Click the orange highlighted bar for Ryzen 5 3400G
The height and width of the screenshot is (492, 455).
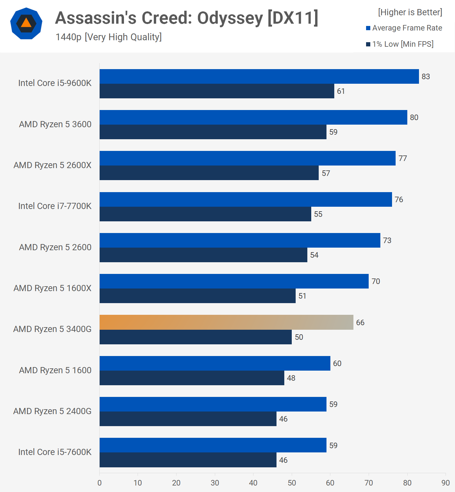pos(226,322)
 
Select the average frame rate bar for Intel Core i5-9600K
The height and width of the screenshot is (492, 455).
pos(259,77)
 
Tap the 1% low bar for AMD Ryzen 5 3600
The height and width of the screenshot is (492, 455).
pos(213,132)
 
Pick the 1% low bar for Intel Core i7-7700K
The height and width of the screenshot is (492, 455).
pos(205,214)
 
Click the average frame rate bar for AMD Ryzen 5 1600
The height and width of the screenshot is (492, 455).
pos(215,363)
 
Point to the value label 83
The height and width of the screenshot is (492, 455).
pos(425,77)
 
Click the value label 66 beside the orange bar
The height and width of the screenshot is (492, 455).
pos(360,323)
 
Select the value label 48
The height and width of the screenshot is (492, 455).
pos(291,378)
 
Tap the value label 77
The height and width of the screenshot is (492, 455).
pos(402,158)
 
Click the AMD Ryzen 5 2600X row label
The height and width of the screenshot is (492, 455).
pos(53,165)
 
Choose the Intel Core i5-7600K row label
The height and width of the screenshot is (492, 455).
pos(55,452)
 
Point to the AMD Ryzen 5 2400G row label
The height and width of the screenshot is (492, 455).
pos(52,411)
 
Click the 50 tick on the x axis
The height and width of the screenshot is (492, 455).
pos(292,483)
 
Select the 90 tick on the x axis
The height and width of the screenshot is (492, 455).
pos(446,483)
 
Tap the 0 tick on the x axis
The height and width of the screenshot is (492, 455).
pos(100,483)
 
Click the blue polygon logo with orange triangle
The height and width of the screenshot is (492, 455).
pos(26,23)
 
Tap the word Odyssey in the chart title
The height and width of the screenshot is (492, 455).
pos(230,18)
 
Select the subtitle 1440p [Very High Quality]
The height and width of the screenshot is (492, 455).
pos(108,37)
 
